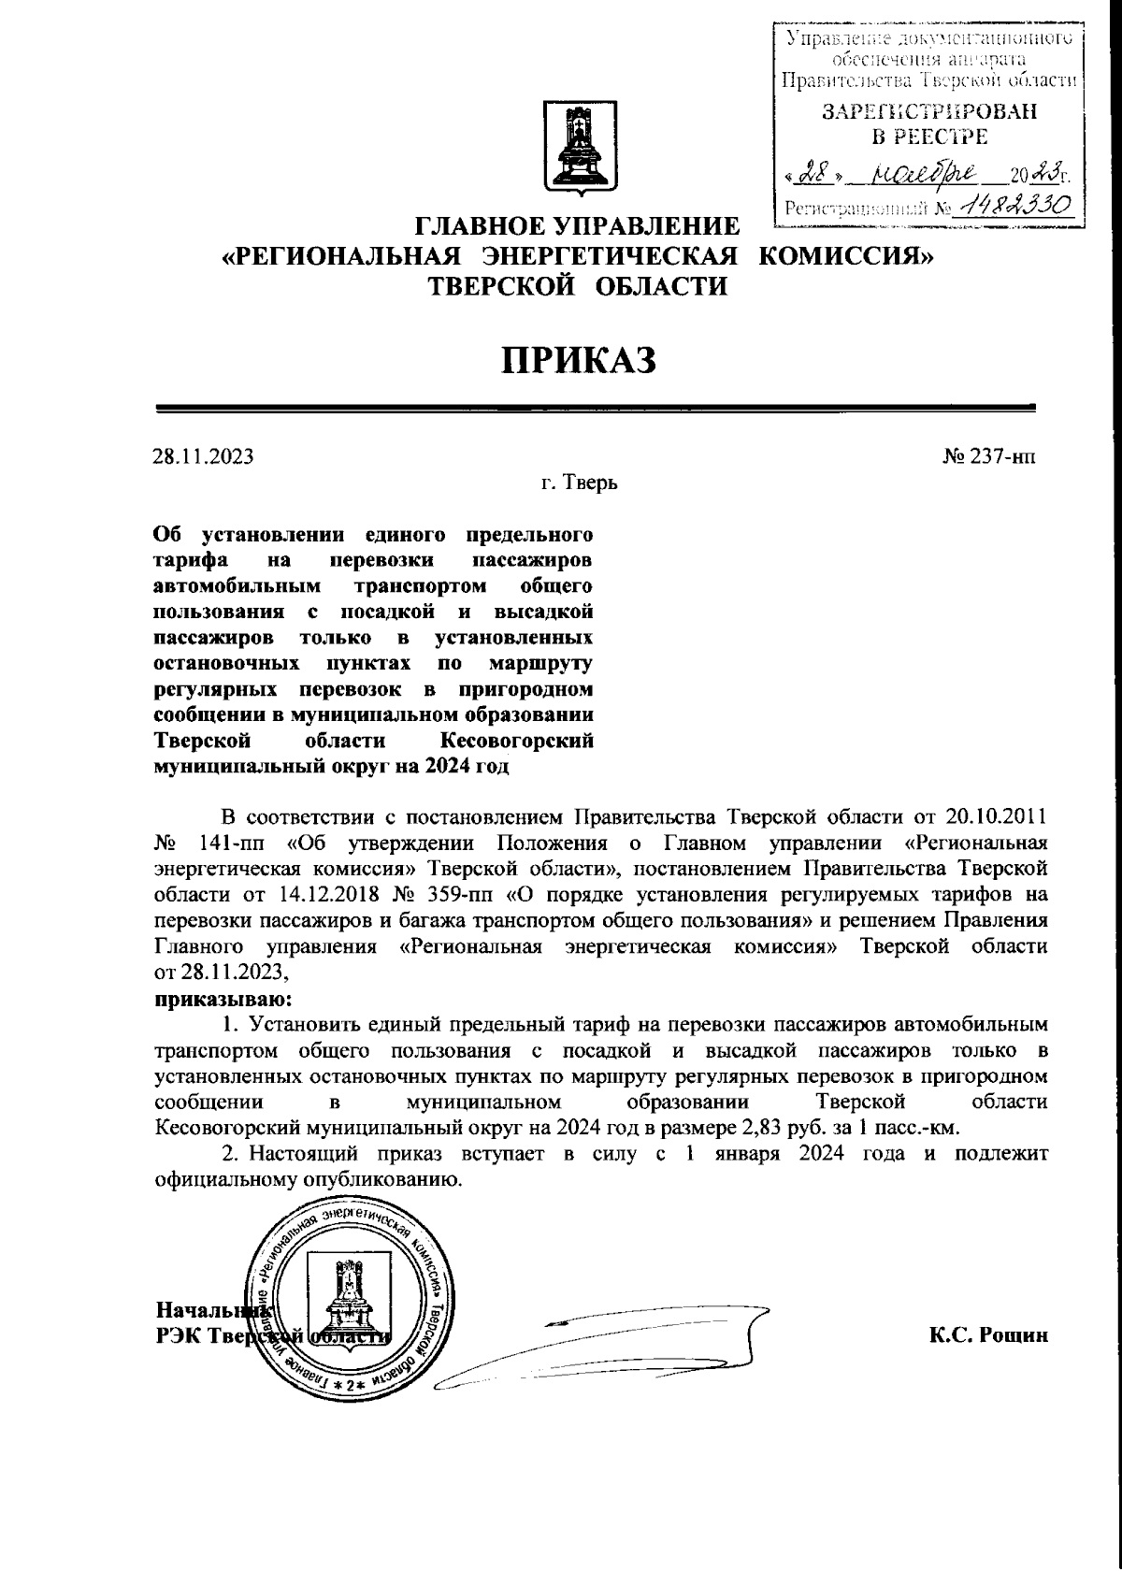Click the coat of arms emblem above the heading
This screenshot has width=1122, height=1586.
pyautogui.click(x=575, y=150)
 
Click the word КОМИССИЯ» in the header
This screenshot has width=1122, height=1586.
pyautogui.click(x=846, y=256)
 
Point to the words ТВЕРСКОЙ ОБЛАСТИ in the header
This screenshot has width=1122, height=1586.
pyautogui.click(x=577, y=287)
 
